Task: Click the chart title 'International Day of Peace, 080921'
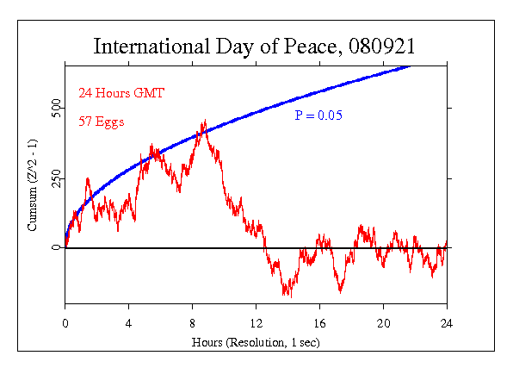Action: click(x=257, y=46)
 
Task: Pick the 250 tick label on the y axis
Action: click(x=54, y=178)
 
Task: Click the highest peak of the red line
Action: click(x=204, y=121)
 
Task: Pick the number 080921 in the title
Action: click(x=386, y=46)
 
